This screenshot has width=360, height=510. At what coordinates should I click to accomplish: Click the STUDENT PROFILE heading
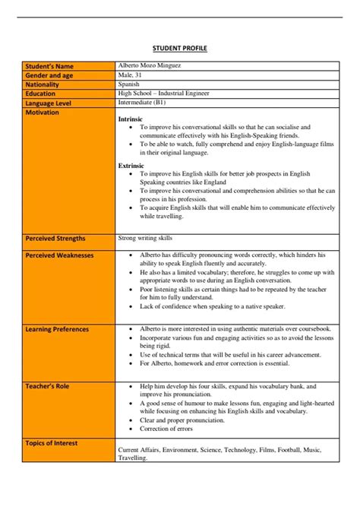pos(180,48)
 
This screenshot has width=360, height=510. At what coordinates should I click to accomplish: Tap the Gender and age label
pos(51,76)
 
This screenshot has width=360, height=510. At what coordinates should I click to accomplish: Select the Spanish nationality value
pos(131,84)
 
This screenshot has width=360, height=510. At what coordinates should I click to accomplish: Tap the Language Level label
pos(51,103)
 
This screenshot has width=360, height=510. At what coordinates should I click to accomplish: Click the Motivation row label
pos(43,112)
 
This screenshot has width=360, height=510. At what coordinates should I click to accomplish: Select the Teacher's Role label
pos(48,387)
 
